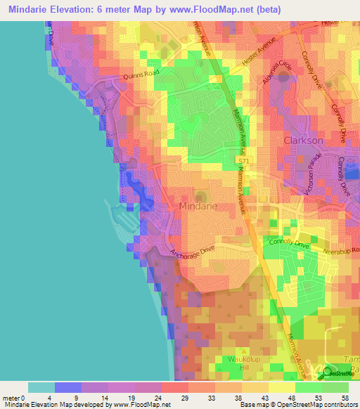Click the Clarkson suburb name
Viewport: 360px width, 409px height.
303,141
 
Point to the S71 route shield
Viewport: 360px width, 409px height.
243,162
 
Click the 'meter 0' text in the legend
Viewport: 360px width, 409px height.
14,398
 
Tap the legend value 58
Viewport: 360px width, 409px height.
344,398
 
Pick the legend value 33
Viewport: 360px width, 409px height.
214,398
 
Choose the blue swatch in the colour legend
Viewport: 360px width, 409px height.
67,387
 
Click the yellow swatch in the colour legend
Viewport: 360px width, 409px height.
281,387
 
